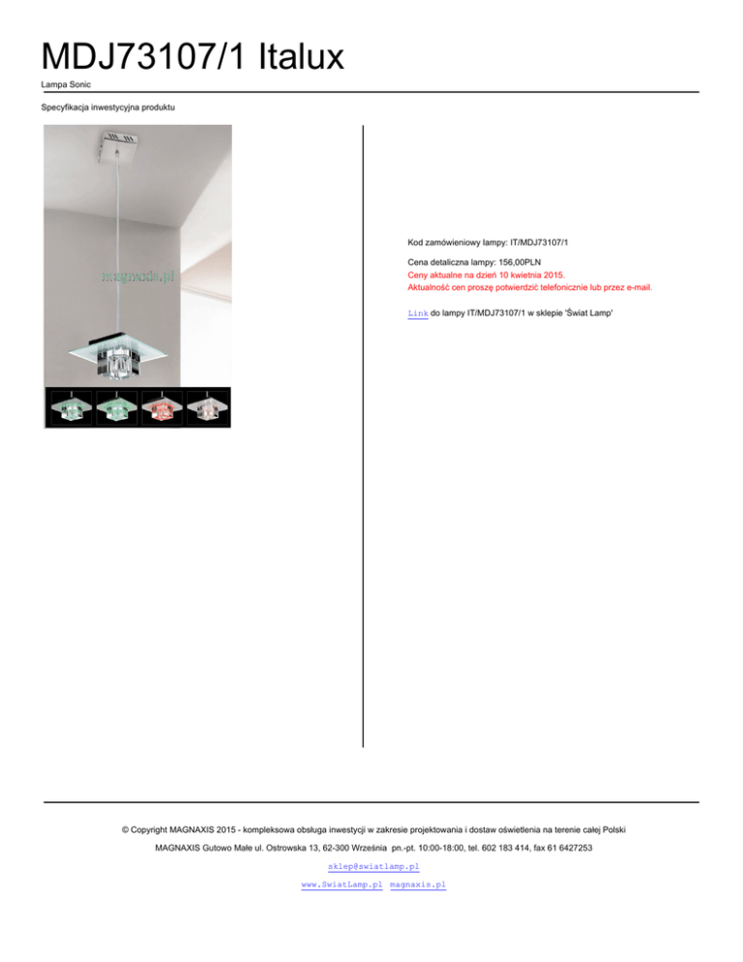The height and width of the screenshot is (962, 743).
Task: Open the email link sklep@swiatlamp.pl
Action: (x=373, y=866)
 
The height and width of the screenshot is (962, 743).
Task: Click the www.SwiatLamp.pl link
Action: (x=342, y=885)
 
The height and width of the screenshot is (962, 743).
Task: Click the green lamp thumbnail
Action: (x=70, y=407)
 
